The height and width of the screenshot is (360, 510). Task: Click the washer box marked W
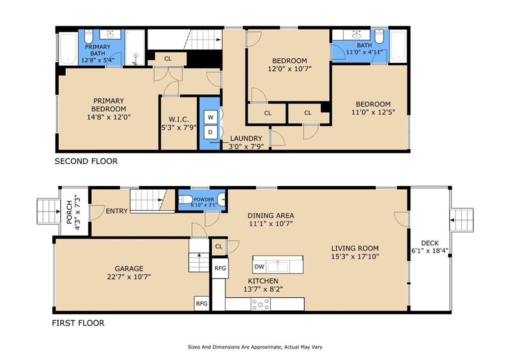tap(211, 118)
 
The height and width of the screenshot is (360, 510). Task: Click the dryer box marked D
tap(211, 132)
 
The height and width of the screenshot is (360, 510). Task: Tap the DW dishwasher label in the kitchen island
tap(259, 267)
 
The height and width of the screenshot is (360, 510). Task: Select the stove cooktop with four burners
tap(260, 304)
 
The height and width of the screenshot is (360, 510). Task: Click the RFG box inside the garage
tap(202, 303)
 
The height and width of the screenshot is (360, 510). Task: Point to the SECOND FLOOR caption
tap(86, 161)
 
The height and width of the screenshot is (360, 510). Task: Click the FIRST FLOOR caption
tap(78, 323)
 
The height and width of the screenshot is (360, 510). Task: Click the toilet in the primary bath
tap(89, 36)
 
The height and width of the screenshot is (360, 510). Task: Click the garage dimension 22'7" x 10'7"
tap(129, 277)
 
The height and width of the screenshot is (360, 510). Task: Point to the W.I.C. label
tap(179, 120)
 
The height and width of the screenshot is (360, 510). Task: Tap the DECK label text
tap(430, 243)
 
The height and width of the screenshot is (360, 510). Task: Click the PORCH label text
tap(69, 212)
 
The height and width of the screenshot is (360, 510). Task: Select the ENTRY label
tap(117, 211)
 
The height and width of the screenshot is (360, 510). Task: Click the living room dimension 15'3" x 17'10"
tap(355, 256)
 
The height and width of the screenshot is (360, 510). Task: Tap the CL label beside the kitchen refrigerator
tap(219, 246)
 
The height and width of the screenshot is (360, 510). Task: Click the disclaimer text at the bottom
tap(255, 347)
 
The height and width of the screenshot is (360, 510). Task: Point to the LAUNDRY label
tap(246, 138)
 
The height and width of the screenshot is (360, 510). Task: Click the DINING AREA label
tap(271, 216)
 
